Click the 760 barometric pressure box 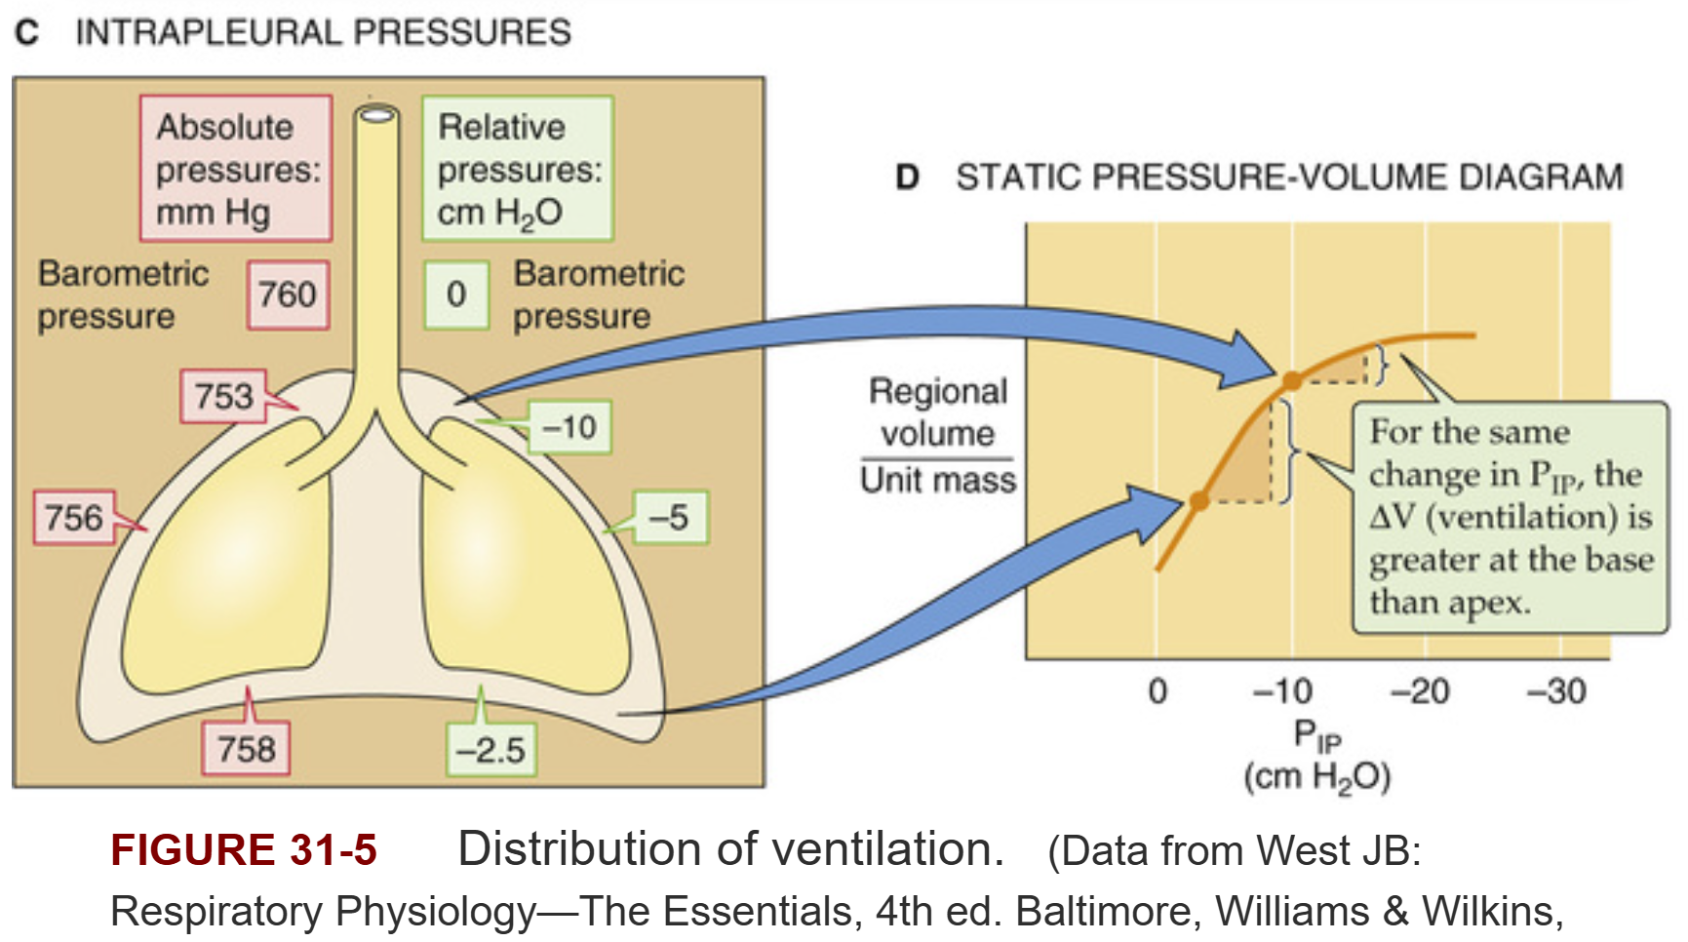click(288, 294)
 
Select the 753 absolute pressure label click(223, 396)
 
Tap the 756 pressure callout click(74, 517)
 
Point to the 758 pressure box click(246, 749)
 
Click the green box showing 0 click(455, 294)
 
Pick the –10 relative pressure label click(569, 427)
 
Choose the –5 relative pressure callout click(670, 517)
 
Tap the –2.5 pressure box click(491, 749)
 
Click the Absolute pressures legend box click(236, 169)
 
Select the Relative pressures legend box click(518, 169)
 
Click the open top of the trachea click(377, 115)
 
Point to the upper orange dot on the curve click(1291, 380)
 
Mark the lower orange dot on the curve click(1199, 501)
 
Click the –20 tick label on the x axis click(1419, 691)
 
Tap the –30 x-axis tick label click(1556, 691)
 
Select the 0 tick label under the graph click(1158, 691)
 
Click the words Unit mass click(938, 480)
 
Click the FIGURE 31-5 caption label click(244, 849)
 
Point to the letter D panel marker click(908, 177)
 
